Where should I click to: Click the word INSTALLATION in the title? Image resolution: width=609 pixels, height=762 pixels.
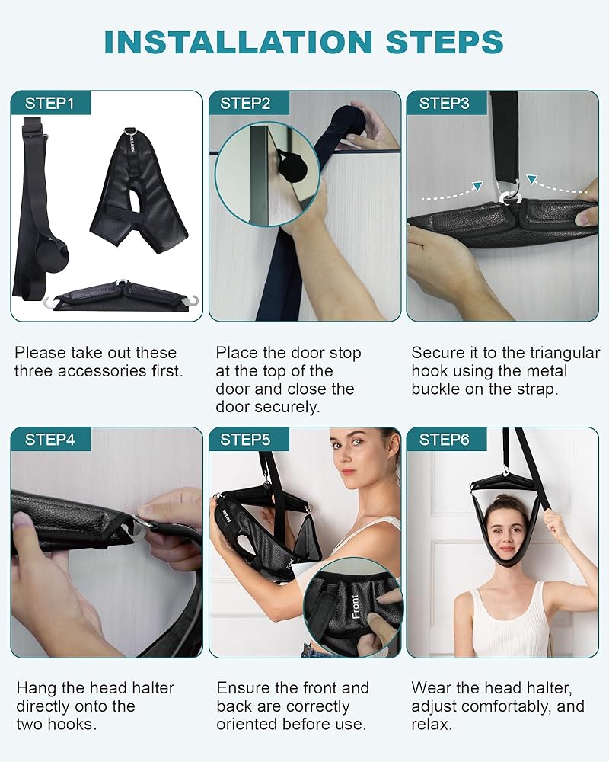[238, 42]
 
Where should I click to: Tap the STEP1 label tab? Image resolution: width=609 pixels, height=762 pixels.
[50, 103]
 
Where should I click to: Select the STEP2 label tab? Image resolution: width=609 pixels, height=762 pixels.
[248, 103]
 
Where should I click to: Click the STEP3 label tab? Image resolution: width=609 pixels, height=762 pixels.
[446, 103]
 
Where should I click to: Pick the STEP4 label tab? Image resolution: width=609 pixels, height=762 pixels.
[50, 440]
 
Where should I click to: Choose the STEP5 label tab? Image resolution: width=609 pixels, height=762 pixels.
[248, 440]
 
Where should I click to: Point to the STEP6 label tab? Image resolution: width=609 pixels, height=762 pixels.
[446, 440]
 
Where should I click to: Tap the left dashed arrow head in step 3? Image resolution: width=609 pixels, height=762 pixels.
[479, 187]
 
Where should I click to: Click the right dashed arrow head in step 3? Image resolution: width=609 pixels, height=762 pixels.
[532, 180]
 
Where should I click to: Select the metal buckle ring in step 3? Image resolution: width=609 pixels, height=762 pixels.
[510, 194]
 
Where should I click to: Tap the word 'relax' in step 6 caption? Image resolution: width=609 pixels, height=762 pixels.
[430, 725]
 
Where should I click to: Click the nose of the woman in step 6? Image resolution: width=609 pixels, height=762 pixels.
[505, 539]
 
